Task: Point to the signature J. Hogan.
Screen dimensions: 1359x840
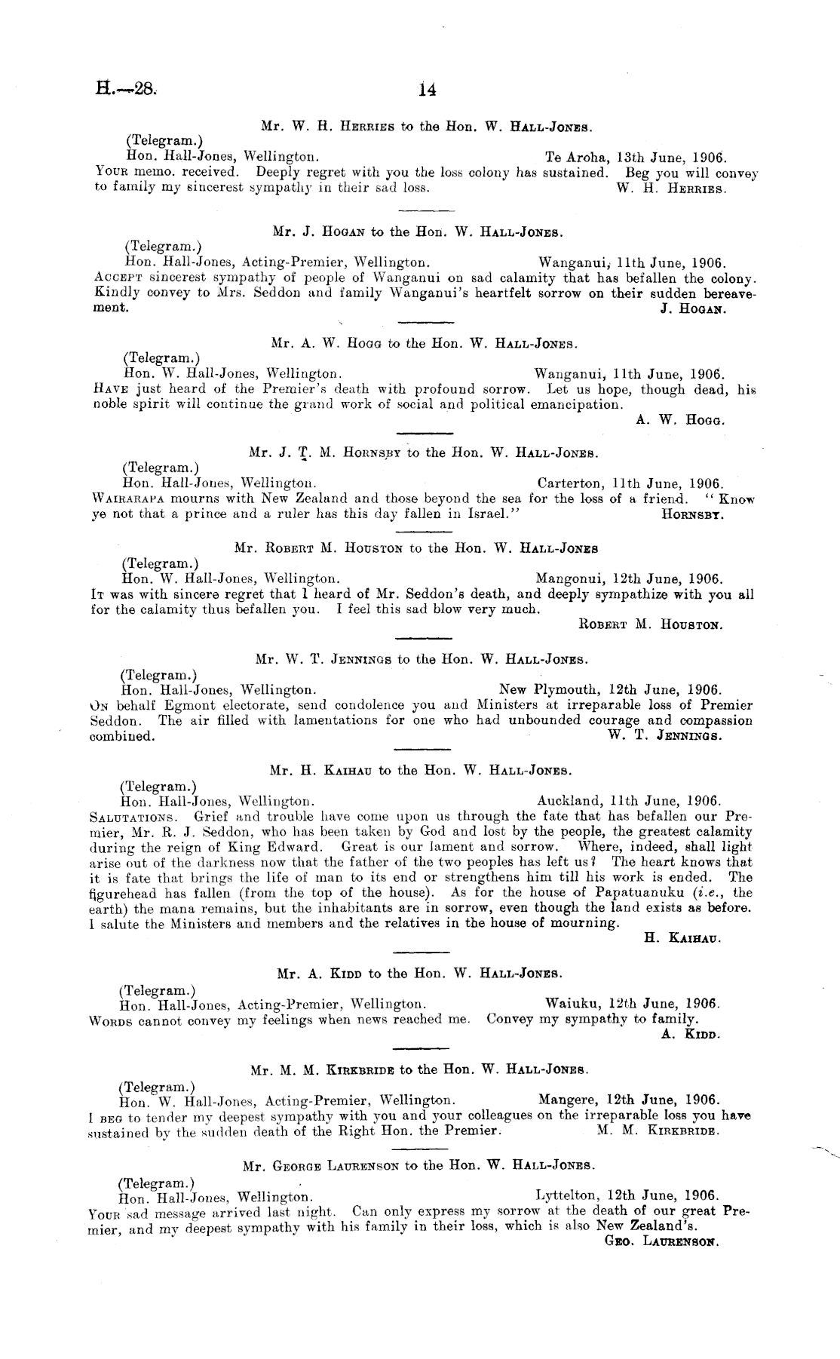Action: click(x=692, y=308)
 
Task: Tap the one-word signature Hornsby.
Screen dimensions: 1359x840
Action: click(x=692, y=514)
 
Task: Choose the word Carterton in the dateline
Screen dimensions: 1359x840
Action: click(x=570, y=483)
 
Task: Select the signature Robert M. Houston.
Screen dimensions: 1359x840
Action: click(x=651, y=624)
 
